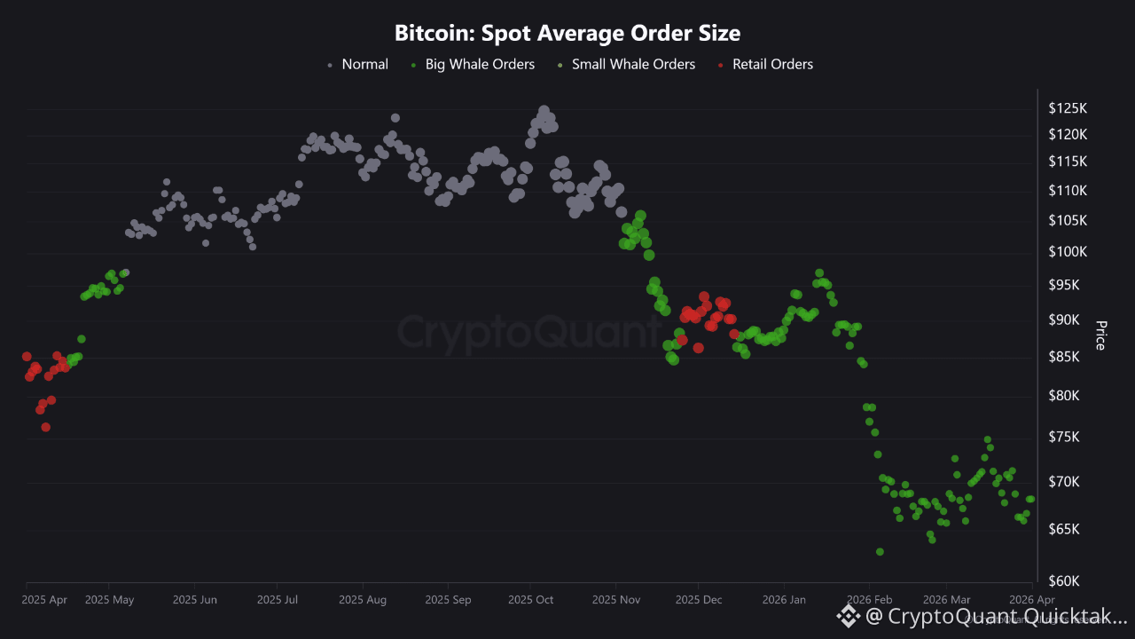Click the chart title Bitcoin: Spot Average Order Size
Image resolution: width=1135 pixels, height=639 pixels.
tap(567, 34)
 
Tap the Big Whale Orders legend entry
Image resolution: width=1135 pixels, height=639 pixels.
tap(480, 64)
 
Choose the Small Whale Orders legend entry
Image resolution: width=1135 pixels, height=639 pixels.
tap(633, 64)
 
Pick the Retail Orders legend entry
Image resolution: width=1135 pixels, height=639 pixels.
tap(772, 64)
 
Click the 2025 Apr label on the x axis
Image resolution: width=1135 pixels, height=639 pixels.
tap(44, 600)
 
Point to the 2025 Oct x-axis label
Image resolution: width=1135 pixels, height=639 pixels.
tap(530, 600)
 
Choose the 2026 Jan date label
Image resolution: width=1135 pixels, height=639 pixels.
tap(785, 600)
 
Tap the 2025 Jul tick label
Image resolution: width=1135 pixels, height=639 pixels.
tap(277, 600)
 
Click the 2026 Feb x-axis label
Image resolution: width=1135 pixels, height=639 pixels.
tap(870, 600)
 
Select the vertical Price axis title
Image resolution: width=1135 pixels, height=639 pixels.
tap(1100, 335)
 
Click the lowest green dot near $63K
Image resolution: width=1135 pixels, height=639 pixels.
tap(880, 552)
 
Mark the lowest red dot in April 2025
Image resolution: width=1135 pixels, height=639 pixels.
tap(45, 427)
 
